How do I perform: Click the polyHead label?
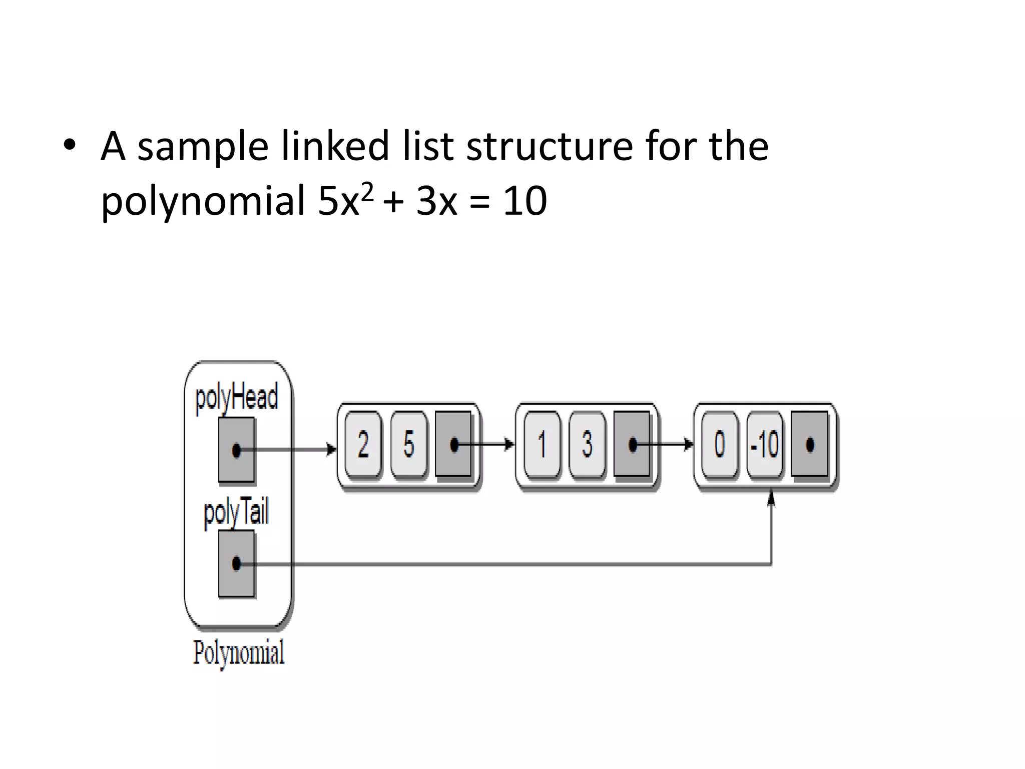pos(236,398)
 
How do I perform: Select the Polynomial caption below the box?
pos(239,652)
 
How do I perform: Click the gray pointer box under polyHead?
pos(236,450)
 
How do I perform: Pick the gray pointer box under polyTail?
pos(236,564)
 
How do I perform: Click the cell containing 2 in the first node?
pos(363,444)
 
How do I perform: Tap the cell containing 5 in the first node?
pos(409,444)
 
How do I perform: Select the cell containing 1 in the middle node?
pos(542,444)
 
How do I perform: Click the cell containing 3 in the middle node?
pos(587,444)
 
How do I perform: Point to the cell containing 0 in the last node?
pos(719,444)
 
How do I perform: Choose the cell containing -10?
pos(765,444)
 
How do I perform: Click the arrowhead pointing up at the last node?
pos(771,498)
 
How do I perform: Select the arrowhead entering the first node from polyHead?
pos(331,449)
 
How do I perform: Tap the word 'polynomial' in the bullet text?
pos(203,201)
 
